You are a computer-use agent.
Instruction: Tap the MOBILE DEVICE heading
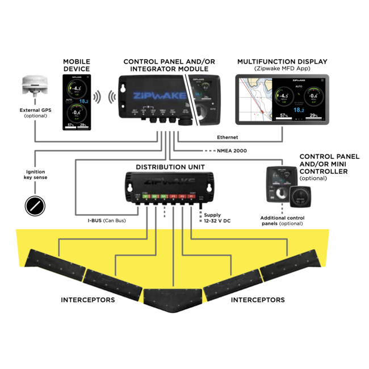(x=77, y=65)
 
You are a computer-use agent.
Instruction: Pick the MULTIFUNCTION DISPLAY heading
(x=282, y=61)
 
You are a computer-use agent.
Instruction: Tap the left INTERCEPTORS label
(x=88, y=299)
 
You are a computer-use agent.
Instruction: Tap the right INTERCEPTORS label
(x=258, y=299)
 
